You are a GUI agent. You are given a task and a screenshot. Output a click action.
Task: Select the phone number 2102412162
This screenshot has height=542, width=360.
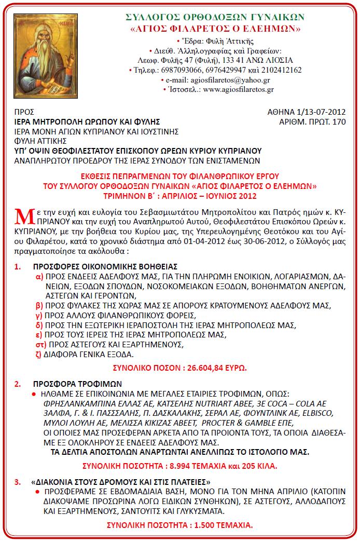282,70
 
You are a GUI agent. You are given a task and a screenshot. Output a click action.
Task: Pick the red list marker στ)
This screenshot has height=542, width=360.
40,345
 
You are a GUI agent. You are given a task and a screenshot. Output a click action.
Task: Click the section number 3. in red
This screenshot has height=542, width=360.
18,481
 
